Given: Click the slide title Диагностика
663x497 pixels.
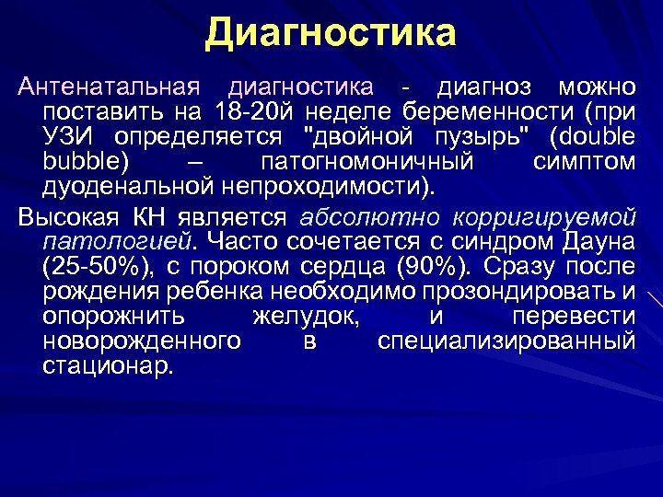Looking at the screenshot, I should (331, 33).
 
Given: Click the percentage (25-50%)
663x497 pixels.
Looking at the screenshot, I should (96, 267).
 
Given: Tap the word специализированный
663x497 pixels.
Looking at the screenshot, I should (506, 341).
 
